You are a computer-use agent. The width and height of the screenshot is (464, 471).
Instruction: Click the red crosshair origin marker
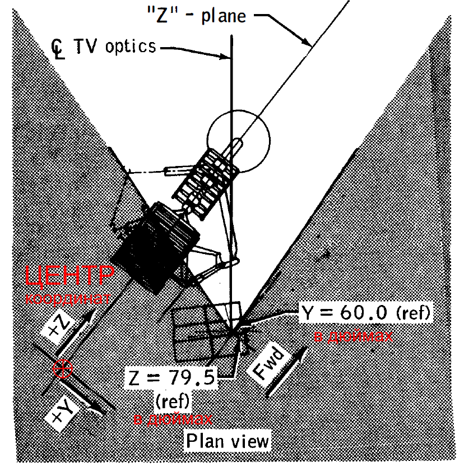[x=62, y=368]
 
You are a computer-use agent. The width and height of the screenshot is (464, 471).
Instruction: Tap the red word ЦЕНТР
[x=69, y=276]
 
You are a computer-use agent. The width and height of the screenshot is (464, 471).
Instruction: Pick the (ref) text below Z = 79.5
[x=171, y=399]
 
